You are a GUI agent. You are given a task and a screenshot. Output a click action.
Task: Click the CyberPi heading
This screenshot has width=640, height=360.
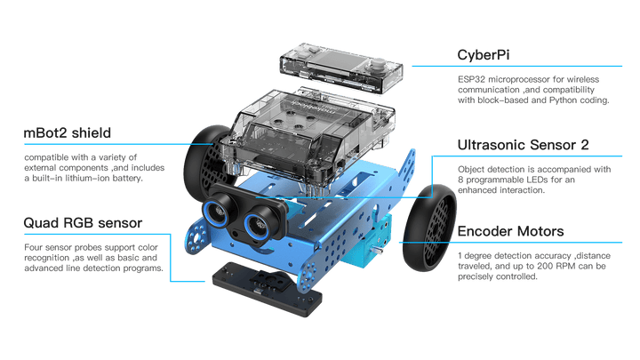click(x=484, y=55)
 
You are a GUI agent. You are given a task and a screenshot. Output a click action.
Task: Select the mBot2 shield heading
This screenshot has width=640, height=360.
click(x=68, y=132)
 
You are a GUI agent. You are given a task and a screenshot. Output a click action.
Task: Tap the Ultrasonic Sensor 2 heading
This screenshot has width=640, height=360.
click(x=523, y=145)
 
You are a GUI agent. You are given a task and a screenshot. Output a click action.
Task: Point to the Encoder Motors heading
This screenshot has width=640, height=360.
click(x=510, y=231)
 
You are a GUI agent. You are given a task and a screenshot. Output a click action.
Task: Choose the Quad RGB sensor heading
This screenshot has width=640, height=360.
click(x=83, y=222)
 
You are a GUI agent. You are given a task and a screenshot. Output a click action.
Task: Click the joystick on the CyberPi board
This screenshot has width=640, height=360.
click(x=379, y=65)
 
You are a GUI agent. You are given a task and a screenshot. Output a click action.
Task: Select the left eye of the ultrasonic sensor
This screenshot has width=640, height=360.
click(x=217, y=211)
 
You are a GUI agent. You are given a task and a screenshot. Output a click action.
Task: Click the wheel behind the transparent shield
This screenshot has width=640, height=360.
click(x=205, y=163)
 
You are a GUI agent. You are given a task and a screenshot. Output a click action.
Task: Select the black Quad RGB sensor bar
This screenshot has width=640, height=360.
click(x=267, y=290)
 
